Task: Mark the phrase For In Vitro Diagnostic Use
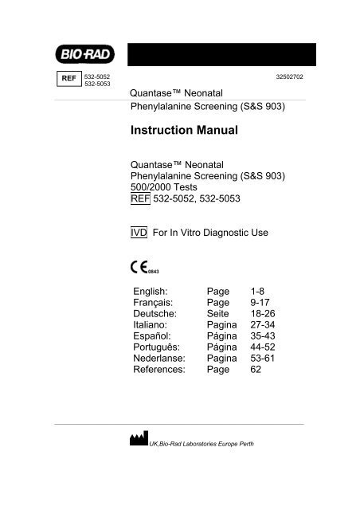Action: (x=209, y=232)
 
